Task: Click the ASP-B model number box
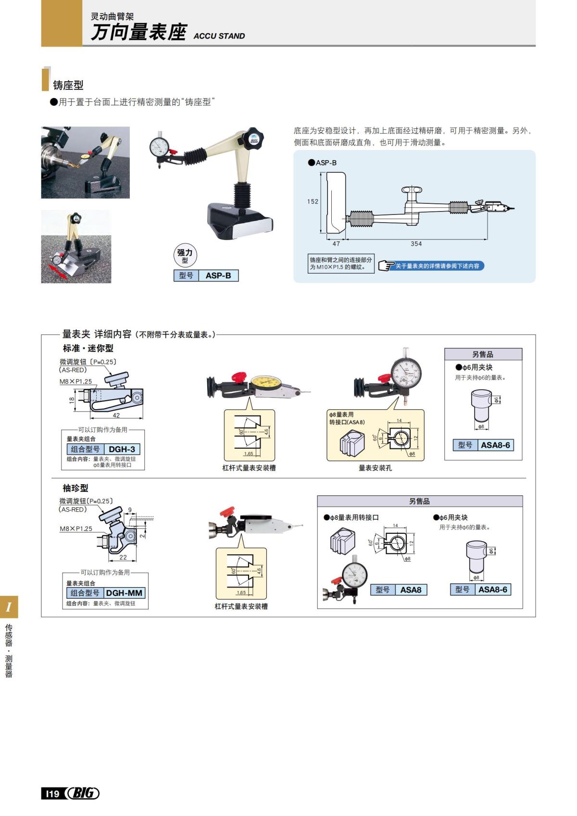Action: coord(218,276)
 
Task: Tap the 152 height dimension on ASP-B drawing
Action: coord(313,201)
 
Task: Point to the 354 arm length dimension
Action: coord(416,244)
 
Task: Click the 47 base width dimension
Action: coord(336,244)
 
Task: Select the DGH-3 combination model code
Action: coord(122,449)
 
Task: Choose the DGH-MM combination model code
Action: coord(124,593)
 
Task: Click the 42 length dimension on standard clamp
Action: coord(116,415)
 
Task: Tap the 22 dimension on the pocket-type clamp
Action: coord(123,557)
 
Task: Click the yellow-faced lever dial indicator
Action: coord(265,383)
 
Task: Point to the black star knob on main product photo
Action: coord(253,138)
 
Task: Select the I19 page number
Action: coord(51,793)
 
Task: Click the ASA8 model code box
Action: coord(410,590)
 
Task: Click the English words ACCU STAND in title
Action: coord(219,36)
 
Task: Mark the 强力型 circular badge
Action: coord(185,255)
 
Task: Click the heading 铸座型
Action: coord(68,85)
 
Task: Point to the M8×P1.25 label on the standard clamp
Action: coord(75,381)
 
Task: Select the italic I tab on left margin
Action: coord(9,607)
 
